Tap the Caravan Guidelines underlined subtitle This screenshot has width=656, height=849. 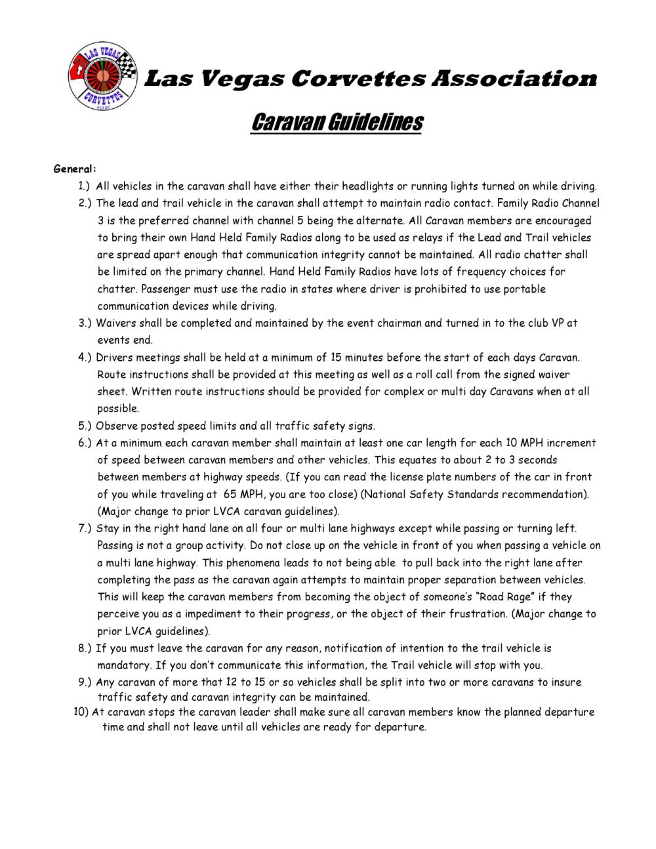tap(337, 122)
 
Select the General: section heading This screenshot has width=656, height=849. tap(75, 169)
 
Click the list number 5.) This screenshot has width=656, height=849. tap(85, 426)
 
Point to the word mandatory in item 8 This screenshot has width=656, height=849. tap(123, 665)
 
